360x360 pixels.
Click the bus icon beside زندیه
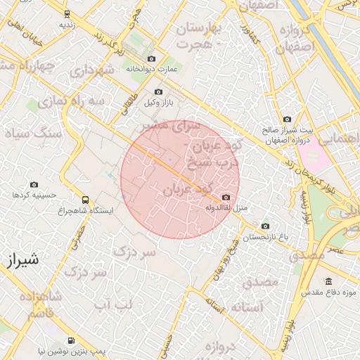click(x=67, y=13)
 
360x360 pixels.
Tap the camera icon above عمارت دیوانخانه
click(x=151, y=59)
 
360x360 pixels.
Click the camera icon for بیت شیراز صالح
click(x=286, y=120)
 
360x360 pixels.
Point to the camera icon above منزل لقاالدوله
click(x=226, y=198)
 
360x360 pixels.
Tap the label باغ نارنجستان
click(x=265, y=238)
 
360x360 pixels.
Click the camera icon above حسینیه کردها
click(x=34, y=184)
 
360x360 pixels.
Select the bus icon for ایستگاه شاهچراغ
click(x=85, y=200)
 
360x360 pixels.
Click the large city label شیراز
click(x=21, y=260)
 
